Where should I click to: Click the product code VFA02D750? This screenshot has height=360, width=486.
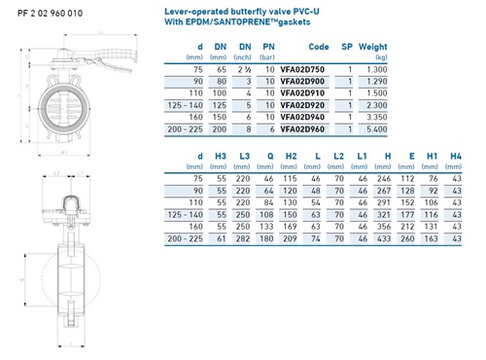(302, 69)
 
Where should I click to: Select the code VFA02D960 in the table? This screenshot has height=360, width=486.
(302, 129)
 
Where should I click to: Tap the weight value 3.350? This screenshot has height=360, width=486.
(377, 117)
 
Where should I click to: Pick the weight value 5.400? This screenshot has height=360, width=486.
(377, 129)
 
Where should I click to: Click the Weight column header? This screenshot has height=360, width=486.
(373, 47)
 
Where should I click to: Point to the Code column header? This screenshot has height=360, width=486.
(319, 47)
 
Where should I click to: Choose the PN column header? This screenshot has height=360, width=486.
(268, 47)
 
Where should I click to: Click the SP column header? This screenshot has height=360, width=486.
(347, 47)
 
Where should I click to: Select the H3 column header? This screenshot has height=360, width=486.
(221, 157)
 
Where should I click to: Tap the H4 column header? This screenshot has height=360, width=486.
(456, 157)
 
